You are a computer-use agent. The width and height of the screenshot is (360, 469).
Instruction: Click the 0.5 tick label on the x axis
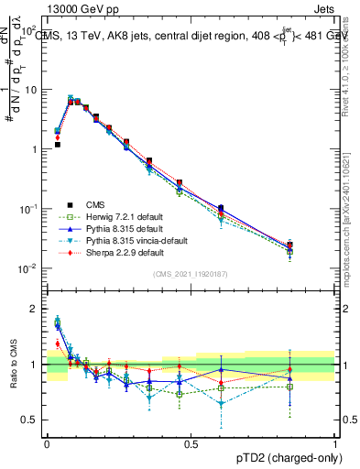tap(191, 442)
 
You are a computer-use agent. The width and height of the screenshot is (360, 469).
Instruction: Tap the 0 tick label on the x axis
tap(47, 442)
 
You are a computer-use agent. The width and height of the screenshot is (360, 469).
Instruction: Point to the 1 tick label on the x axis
tap(335, 442)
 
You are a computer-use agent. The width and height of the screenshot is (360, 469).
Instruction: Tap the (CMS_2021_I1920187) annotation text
tap(191, 275)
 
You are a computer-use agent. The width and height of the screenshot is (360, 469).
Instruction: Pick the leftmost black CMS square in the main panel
tap(57, 145)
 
